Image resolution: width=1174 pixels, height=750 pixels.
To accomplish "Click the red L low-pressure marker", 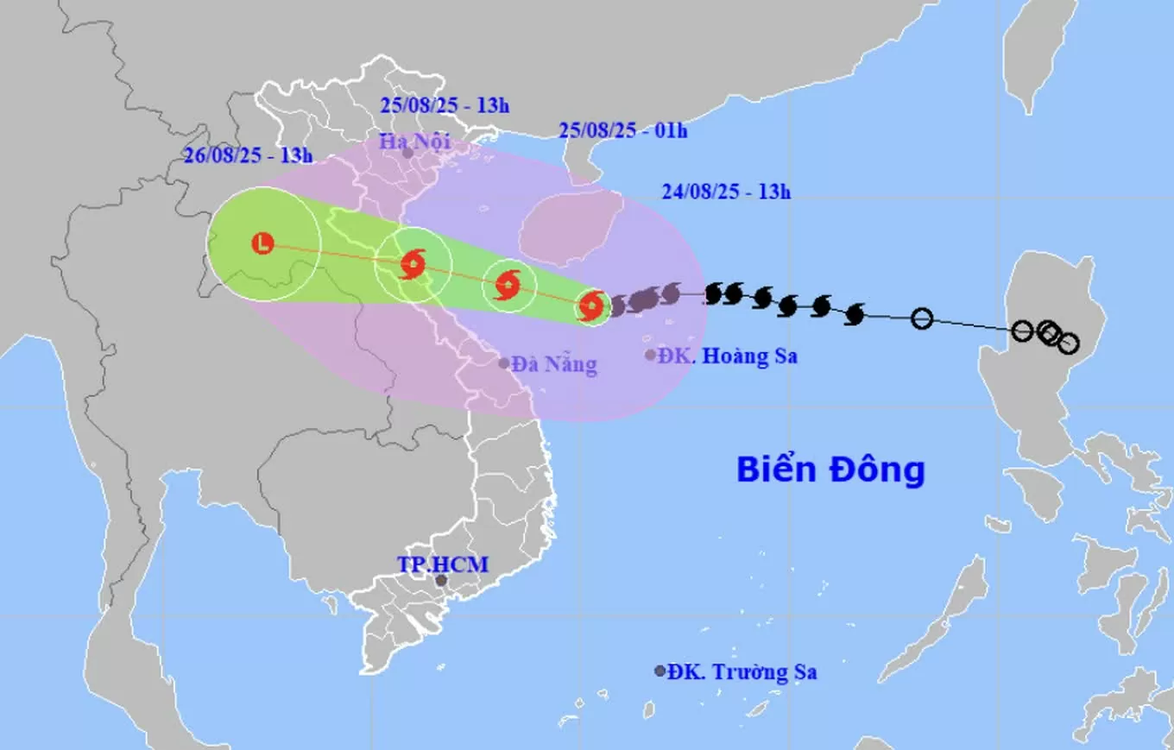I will click(263, 243).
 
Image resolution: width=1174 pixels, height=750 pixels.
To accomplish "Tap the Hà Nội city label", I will click(417, 140).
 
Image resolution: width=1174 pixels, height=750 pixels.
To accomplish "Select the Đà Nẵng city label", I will click(553, 364).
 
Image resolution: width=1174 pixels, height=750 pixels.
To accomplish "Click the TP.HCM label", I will click(443, 564).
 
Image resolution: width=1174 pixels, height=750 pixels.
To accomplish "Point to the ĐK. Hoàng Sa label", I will click(727, 355).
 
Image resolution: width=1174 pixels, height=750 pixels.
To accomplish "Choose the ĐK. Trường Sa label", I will click(742, 671).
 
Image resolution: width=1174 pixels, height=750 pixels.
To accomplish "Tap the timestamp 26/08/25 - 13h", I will click(248, 155).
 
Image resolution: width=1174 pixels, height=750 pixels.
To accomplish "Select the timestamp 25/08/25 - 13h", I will click(445, 106).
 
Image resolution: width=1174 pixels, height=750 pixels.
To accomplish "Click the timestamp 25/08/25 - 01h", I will click(622, 131).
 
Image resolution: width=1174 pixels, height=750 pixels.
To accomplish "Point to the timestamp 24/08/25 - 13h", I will click(726, 192).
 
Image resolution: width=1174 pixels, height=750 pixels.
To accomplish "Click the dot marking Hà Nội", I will click(407, 153).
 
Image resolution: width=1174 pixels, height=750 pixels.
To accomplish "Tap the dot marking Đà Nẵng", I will click(504, 363).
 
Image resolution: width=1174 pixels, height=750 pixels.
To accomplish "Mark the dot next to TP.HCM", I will click(441, 581).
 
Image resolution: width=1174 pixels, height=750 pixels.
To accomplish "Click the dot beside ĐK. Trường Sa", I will click(660, 671).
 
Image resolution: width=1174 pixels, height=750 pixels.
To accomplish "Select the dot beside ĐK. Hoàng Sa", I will click(650, 355).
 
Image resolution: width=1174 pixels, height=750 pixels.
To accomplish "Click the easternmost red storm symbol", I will click(590, 305).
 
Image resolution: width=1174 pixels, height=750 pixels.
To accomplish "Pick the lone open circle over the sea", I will click(922, 318).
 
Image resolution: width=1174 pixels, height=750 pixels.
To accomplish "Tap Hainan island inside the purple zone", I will click(571, 226).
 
